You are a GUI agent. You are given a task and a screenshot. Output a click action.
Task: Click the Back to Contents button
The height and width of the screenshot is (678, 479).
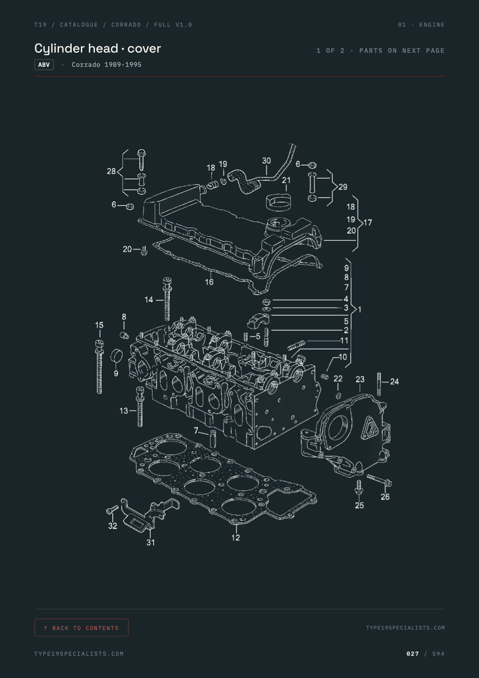coord(81,628)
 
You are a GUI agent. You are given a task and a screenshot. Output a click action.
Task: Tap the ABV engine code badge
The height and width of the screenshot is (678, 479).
coord(44,64)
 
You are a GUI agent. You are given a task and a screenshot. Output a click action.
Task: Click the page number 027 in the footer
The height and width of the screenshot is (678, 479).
coord(413,653)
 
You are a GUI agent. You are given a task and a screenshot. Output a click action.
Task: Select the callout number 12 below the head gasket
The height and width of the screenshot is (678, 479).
coord(235,538)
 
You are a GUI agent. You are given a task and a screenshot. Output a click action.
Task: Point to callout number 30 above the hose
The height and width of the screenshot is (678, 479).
coord(266,161)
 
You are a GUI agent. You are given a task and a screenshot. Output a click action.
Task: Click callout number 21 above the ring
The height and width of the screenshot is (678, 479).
coord(286,180)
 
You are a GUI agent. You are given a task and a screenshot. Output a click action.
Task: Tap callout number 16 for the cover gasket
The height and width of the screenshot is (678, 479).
coord(209,282)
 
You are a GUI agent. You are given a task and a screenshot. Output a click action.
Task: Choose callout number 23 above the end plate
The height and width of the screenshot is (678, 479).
coord(360,380)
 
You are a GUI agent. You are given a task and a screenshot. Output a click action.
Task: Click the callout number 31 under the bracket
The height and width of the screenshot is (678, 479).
coord(151,542)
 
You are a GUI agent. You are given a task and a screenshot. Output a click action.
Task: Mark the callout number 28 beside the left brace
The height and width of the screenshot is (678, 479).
coord(111,171)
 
